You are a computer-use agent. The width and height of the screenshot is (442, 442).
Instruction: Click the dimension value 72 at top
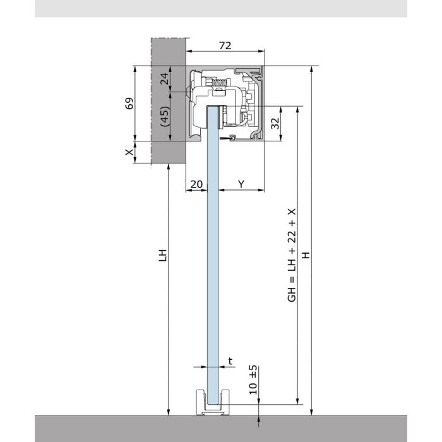click(225, 45)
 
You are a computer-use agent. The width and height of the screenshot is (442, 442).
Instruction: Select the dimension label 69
click(129, 104)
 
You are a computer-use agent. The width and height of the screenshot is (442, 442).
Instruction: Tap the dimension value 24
click(164, 78)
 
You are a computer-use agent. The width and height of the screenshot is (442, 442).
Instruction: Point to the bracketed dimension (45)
click(165, 116)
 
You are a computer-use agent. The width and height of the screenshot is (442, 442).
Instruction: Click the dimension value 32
click(275, 123)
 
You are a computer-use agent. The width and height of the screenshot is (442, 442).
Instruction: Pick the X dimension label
click(129, 152)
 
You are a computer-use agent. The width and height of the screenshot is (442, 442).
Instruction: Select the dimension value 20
click(196, 184)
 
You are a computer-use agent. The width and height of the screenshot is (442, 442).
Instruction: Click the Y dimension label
click(241, 184)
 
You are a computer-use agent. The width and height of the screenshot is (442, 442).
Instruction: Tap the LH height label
click(163, 255)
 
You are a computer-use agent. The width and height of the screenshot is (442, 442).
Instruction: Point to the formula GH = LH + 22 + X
click(292, 255)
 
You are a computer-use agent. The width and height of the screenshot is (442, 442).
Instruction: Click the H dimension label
click(306, 255)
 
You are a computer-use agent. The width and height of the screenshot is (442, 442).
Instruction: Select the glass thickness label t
click(230, 361)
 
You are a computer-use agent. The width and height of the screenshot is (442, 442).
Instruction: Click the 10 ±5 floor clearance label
click(253, 379)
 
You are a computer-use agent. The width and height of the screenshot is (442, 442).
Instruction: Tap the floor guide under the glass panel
click(213, 403)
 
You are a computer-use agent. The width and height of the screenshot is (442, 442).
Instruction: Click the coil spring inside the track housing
click(219, 82)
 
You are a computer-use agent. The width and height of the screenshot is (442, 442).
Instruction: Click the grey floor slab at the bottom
click(221, 429)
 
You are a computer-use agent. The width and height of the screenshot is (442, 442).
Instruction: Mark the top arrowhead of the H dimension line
click(311, 69)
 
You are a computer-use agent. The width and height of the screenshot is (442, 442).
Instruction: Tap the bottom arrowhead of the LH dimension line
click(169, 412)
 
